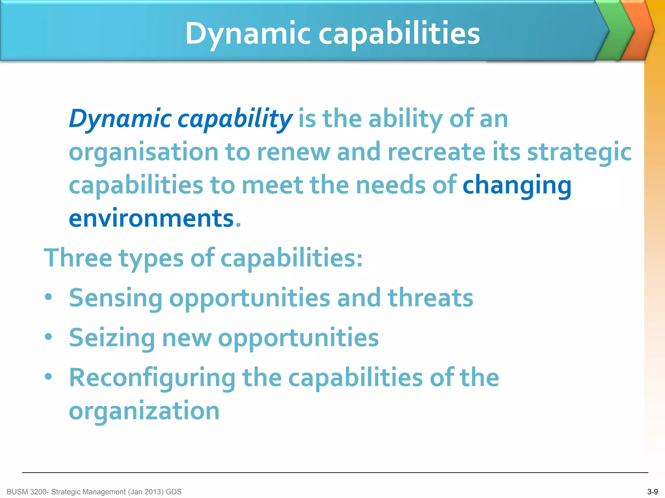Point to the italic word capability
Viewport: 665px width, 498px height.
click(235, 119)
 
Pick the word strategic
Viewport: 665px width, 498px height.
click(579, 152)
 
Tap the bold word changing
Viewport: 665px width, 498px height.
click(517, 185)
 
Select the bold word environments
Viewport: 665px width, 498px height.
click(151, 218)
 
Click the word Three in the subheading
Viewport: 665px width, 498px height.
click(78, 258)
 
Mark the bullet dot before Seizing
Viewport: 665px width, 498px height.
click(48, 337)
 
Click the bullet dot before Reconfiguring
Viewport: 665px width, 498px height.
click(48, 377)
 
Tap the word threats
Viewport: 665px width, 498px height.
click(430, 298)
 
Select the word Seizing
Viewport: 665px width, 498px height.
click(112, 338)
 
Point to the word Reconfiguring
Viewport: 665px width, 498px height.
click(152, 378)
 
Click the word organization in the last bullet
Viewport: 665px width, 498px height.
click(144, 411)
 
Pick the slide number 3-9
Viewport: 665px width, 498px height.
click(652, 492)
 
